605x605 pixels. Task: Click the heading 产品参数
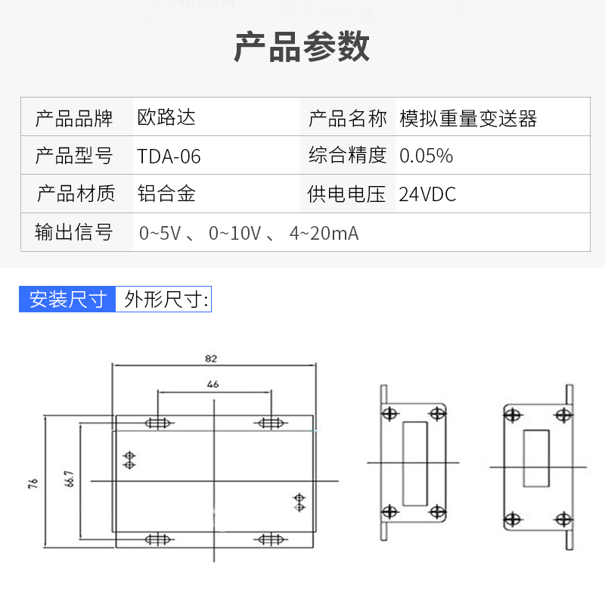point(302,47)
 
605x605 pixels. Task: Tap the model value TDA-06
point(169,157)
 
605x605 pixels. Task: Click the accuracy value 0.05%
point(426,156)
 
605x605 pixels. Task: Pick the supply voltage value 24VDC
point(427,194)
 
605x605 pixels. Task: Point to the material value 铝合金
point(166,194)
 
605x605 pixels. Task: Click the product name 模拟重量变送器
point(468,118)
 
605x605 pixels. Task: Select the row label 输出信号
point(74,233)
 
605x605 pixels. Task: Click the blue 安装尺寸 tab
point(67,299)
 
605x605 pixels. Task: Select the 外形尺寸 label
point(164,299)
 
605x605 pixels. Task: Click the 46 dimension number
point(213,384)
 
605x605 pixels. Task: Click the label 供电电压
point(347,194)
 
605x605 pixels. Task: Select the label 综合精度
point(347,156)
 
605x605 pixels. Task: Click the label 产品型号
point(74,157)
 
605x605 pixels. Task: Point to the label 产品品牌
point(74,118)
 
